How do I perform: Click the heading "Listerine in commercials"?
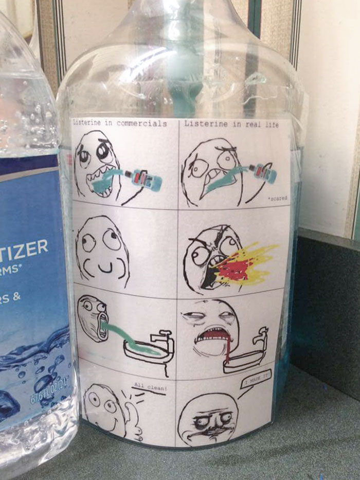point(120,124)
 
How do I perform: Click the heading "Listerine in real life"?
point(228,124)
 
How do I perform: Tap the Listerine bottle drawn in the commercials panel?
point(146,178)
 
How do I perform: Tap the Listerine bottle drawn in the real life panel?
point(262,173)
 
